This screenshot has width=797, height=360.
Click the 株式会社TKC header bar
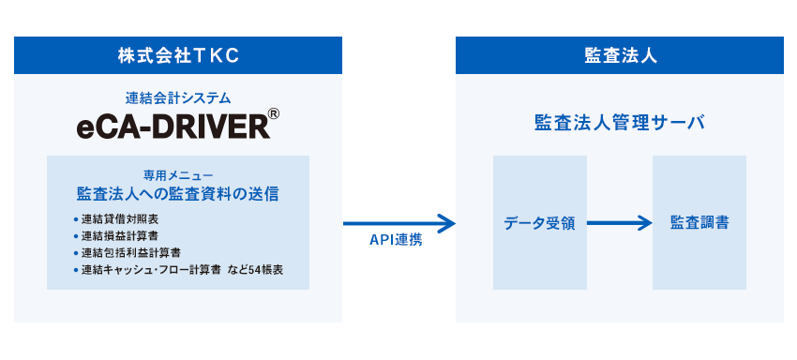coord(178,55)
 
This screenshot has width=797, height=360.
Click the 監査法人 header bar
coord(619,55)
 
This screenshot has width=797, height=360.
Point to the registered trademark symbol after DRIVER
coord(274,115)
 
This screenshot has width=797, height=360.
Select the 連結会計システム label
coord(178,97)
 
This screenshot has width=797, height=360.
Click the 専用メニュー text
coord(178,175)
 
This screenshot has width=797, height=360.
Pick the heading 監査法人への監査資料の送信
coord(178,194)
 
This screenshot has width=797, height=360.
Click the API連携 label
coord(396,240)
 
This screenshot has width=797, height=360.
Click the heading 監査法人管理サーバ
coord(619,123)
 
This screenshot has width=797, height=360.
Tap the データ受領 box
coord(540,223)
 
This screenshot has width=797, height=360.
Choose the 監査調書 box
coord(699,223)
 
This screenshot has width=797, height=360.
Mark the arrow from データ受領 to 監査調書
coord(619,223)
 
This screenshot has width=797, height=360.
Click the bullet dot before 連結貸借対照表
coord(74,219)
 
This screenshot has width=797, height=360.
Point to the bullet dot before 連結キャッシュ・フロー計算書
coord(74,270)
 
